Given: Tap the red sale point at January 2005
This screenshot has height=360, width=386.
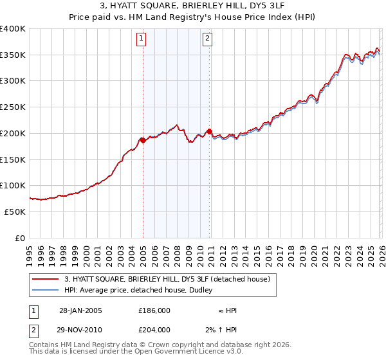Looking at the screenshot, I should [142, 140].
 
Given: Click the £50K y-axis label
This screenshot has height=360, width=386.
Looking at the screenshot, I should [15, 212].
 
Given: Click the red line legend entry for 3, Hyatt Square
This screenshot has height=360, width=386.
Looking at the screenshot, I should [170, 279].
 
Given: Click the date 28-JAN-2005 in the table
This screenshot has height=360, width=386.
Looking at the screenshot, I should [80, 310].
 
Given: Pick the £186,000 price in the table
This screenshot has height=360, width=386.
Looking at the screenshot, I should [154, 310].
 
